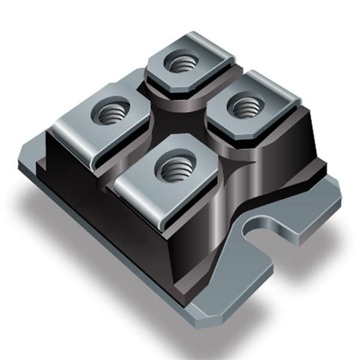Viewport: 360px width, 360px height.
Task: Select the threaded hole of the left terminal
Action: pos(110,112)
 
